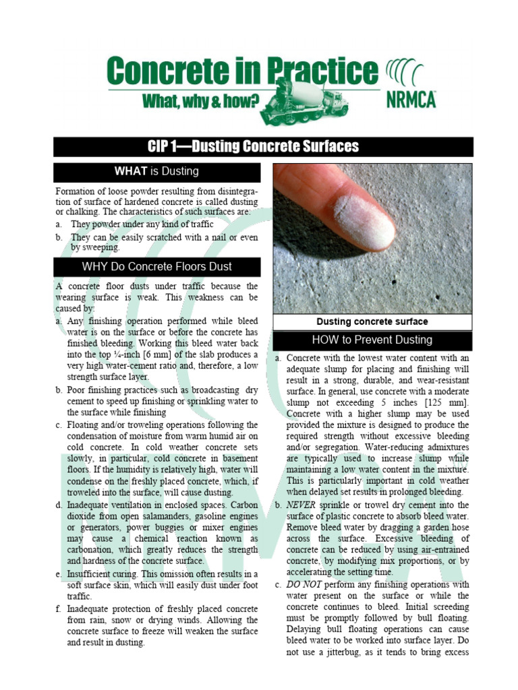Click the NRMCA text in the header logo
[x=411, y=99]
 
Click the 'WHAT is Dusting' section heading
[x=156, y=171]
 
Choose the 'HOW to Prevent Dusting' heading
[x=372, y=340]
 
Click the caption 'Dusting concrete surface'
[x=372, y=321]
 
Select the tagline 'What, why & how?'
[x=201, y=101]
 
